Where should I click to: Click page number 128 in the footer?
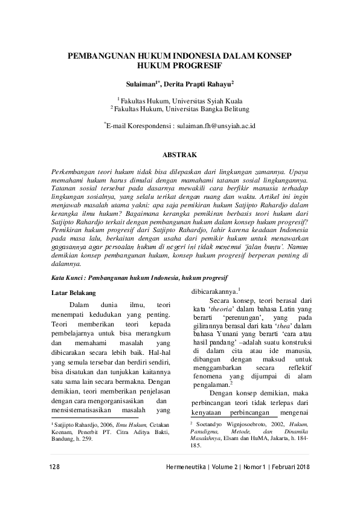53,470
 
